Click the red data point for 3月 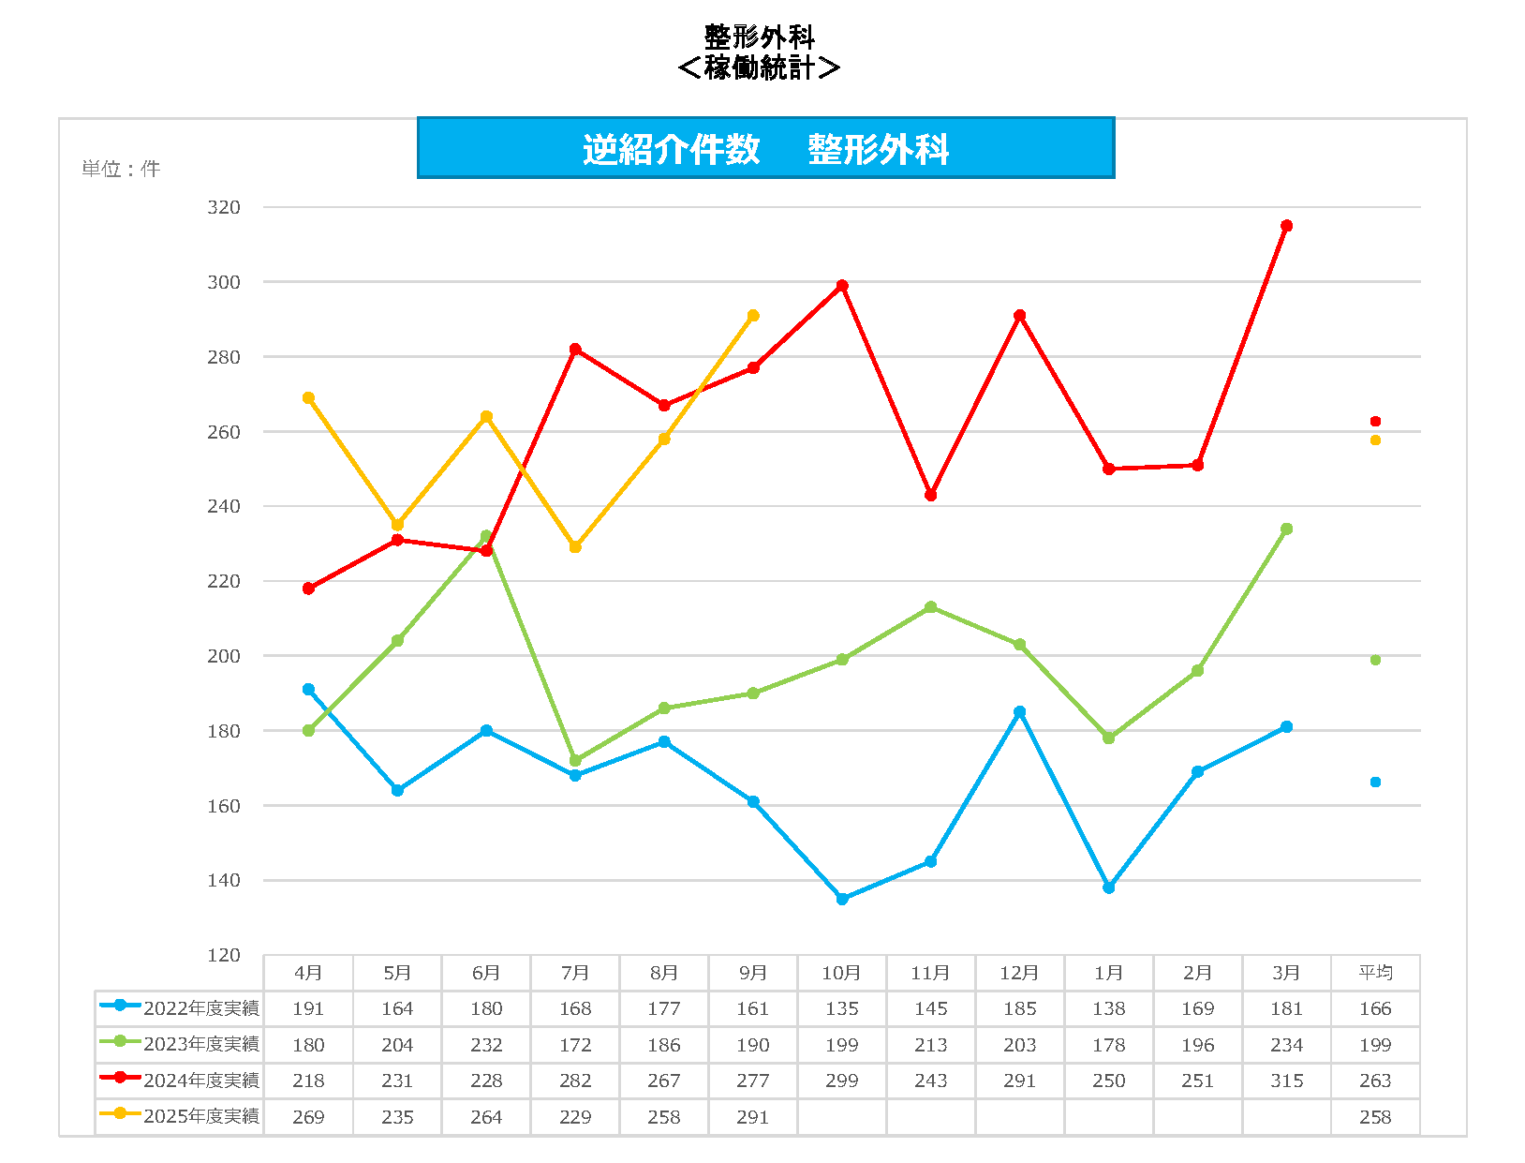[1286, 226]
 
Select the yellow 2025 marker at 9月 [753, 316]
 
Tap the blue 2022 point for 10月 [842, 899]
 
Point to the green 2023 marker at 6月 [486, 536]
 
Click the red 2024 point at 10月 [842, 286]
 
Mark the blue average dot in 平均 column [1375, 782]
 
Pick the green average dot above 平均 [1375, 660]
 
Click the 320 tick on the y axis [224, 207]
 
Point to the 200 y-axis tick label [224, 656]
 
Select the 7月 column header [575, 973]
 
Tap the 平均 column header [1375, 973]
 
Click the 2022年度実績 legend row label [200, 1008]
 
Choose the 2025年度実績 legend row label [200, 1116]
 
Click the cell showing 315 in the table [1286, 1081]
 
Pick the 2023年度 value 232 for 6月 [486, 1045]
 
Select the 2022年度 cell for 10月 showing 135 [842, 1008]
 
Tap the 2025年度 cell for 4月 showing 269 [308, 1117]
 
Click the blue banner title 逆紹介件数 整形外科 [765, 149]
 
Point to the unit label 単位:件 [121, 169]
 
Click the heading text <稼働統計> [759, 67]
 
